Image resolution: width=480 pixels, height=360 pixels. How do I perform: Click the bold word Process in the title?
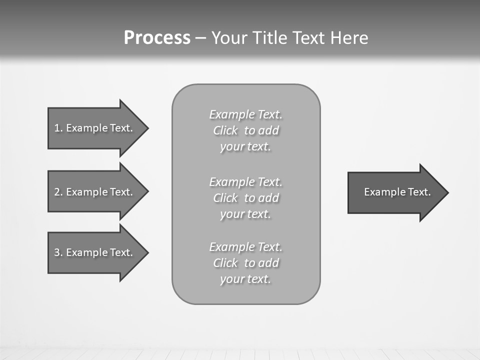pos(157,38)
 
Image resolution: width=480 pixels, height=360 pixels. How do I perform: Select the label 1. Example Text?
pos(93,128)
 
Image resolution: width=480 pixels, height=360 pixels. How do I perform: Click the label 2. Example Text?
pos(93,192)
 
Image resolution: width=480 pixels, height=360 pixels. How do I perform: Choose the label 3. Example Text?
pos(93,252)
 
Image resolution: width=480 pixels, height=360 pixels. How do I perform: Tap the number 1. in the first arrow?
pos(58,128)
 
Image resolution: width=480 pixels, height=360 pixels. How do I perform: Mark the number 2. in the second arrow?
pos(58,192)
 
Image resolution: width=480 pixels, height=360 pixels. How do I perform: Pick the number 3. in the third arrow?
pos(58,252)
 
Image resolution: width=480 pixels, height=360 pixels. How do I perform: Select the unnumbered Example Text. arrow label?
pos(397,192)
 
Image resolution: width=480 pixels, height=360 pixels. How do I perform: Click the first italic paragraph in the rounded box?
pos(245,130)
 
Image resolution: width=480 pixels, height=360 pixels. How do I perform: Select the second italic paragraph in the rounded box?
pos(245,198)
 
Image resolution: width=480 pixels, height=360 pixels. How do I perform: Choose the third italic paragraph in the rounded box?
pos(245,263)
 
